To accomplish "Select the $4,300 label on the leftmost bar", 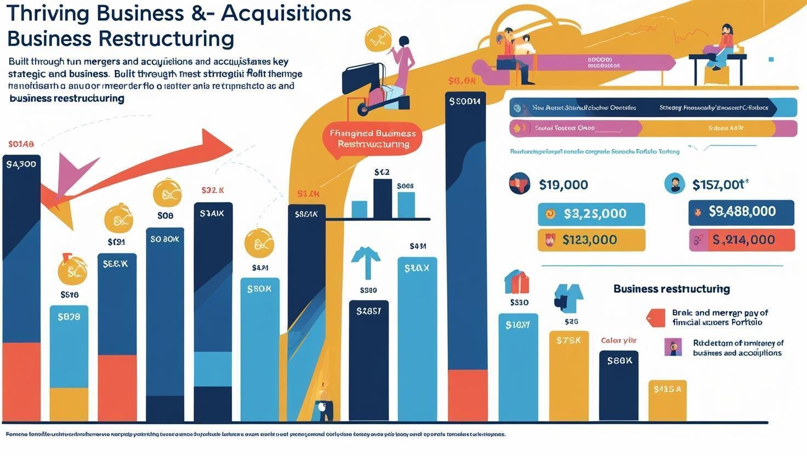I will (x=21, y=163).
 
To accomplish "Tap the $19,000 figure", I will (x=563, y=185).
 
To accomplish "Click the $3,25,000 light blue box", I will (x=591, y=214).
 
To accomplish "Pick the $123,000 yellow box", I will (x=591, y=240).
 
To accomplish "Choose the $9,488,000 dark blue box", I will (x=741, y=212).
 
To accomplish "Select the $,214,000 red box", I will (x=742, y=240).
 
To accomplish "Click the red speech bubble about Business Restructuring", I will (x=373, y=139).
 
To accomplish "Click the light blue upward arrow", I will (x=366, y=262).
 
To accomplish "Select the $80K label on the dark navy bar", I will (x=619, y=361).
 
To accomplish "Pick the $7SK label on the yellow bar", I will (x=569, y=340).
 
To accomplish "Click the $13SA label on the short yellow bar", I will (x=667, y=389).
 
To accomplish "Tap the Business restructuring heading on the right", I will (x=671, y=289).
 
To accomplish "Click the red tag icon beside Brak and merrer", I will (x=656, y=318).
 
